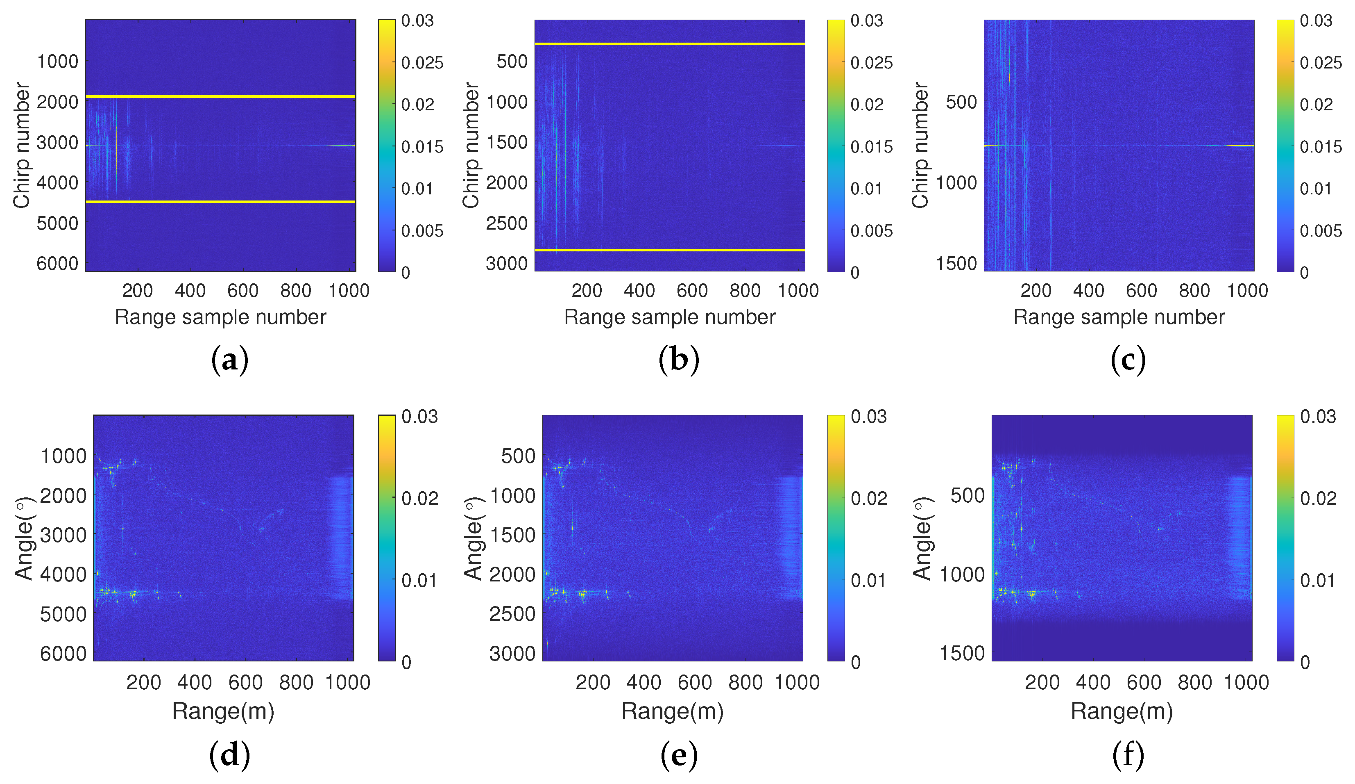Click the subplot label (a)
[230, 360]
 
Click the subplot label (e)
[679, 754]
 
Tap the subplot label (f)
[1128, 754]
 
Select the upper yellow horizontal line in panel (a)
[220, 97]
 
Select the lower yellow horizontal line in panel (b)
[669, 250]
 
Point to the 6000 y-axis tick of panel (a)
[57, 264]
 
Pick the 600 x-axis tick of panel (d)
[245, 682]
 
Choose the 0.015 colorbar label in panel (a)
[422, 147]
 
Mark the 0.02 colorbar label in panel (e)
[868, 498]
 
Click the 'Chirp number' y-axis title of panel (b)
[471, 145]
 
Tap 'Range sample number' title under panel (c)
[1119, 317]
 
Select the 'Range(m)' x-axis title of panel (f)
[1122, 711]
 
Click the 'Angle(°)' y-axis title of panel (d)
[24, 538]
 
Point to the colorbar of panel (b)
[836, 145]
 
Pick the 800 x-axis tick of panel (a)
[296, 291]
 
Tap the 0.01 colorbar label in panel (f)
[1317, 581]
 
